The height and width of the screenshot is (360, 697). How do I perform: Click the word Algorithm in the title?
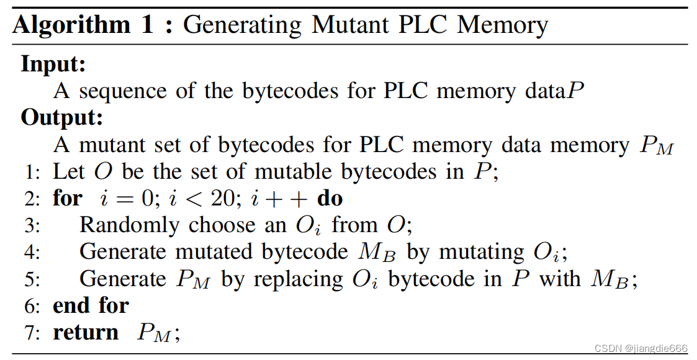(71, 25)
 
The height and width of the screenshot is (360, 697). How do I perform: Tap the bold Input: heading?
(53, 63)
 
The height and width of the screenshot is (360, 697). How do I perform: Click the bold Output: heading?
(61, 117)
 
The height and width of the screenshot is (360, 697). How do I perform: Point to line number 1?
(32, 172)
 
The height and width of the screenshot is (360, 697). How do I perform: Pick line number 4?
(32, 253)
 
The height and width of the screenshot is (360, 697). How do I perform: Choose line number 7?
(32, 333)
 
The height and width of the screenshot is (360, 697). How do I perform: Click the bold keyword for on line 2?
(67, 199)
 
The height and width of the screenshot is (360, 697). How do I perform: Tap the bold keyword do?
(330, 199)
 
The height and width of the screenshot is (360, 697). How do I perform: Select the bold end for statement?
(91, 305)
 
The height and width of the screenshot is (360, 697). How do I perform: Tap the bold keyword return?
(86, 333)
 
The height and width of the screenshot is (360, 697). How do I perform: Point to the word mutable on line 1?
(308, 171)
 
